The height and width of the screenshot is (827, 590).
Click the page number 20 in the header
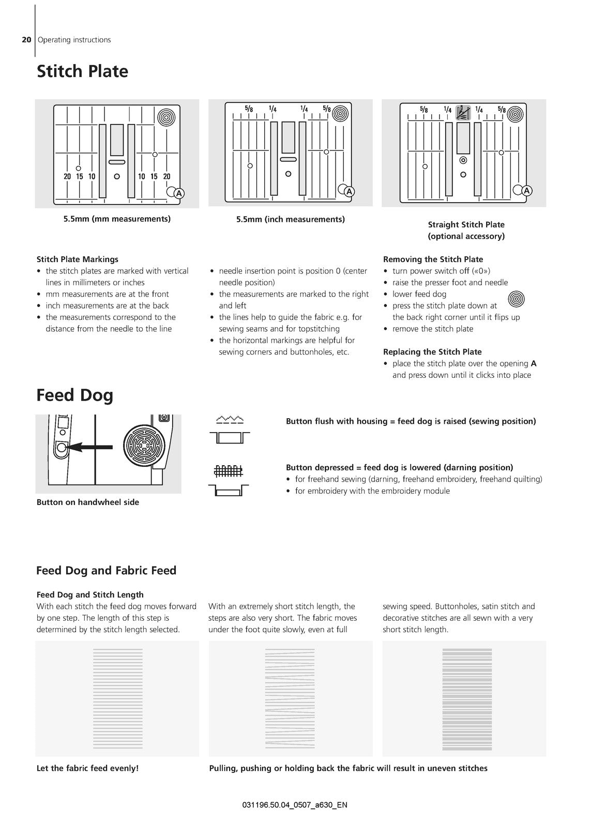pos(26,40)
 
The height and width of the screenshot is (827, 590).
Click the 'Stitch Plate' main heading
pos(82,71)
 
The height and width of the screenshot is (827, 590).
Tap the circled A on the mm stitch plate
pos(179,193)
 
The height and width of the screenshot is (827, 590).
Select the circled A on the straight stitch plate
pos(526,191)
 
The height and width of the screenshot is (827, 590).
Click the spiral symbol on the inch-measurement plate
pos(340,113)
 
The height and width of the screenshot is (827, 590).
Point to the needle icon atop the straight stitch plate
pos(463,113)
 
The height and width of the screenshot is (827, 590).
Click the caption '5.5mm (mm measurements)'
pos(117,219)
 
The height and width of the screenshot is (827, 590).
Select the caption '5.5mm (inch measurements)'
pos(291,219)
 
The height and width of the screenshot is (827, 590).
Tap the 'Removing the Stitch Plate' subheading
pos(433,259)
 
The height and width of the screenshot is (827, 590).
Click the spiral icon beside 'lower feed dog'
pos(516,299)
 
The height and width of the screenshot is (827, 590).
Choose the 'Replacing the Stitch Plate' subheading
pos(432,351)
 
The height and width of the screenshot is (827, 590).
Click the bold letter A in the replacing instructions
pos(534,363)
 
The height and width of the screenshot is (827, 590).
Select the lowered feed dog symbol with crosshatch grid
pos(229,480)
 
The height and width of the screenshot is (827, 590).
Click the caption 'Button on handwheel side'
pos(88,502)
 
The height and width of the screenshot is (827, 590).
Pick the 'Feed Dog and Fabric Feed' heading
pos(107,571)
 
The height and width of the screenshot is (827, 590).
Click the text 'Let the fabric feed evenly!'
pos(87,768)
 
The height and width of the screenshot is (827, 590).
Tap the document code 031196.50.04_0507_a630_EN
pos(295,805)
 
